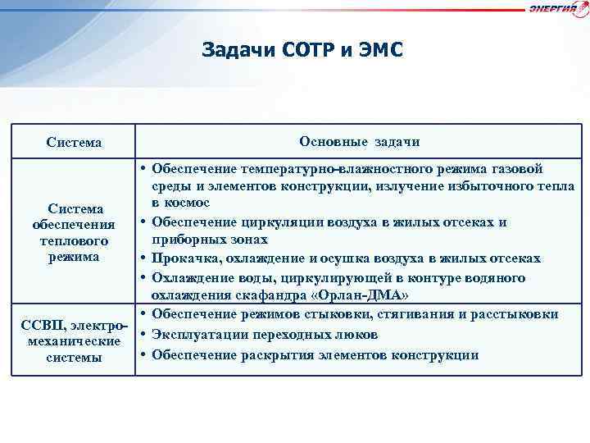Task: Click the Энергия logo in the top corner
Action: click(x=558, y=9)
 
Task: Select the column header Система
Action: click(x=75, y=143)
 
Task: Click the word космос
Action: click(x=188, y=202)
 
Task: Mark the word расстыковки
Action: click(x=518, y=315)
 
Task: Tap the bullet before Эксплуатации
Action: click(x=143, y=335)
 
